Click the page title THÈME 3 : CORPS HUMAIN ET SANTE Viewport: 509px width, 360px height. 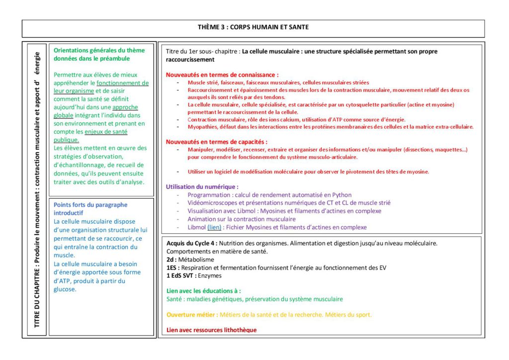253,27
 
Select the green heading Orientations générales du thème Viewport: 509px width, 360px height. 99,50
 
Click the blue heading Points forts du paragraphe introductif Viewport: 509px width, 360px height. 90,208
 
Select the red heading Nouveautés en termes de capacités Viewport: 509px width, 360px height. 216,142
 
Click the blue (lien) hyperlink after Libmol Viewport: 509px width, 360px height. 214,227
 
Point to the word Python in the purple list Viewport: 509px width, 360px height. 341,195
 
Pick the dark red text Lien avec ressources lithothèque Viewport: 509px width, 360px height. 212,330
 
